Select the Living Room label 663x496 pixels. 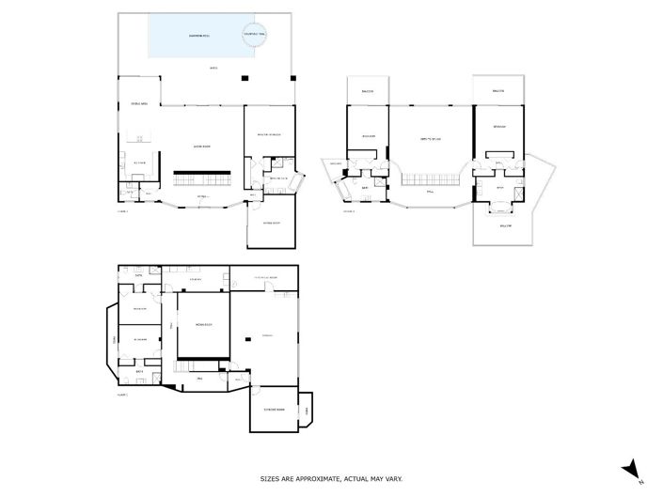click(x=200, y=147)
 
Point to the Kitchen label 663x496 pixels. click(x=139, y=163)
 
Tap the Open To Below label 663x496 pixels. click(x=431, y=138)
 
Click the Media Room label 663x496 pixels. click(x=203, y=324)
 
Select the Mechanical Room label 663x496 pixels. click(x=263, y=279)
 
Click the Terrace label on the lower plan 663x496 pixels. click(x=267, y=335)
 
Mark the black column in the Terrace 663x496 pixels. click(x=246, y=340)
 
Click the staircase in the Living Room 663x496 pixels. click(x=203, y=177)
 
